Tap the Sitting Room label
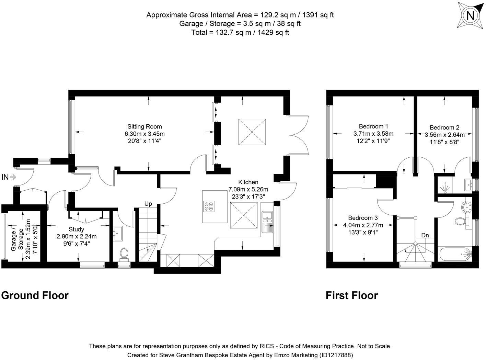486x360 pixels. click(x=144, y=126)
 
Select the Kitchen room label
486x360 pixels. click(x=248, y=182)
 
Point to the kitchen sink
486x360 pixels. click(x=266, y=216)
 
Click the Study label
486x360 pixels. click(x=76, y=229)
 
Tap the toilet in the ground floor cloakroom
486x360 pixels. click(x=124, y=253)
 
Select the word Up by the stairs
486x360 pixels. click(x=148, y=204)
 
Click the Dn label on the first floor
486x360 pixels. click(x=425, y=235)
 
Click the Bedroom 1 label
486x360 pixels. click(x=373, y=126)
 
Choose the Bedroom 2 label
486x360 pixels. click(x=444, y=127)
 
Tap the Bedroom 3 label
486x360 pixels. click(x=363, y=218)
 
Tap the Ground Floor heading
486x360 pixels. click(x=35, y=295)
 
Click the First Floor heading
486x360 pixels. click(x=352, y=295)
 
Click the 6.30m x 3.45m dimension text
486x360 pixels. click(x=144, y=134)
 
